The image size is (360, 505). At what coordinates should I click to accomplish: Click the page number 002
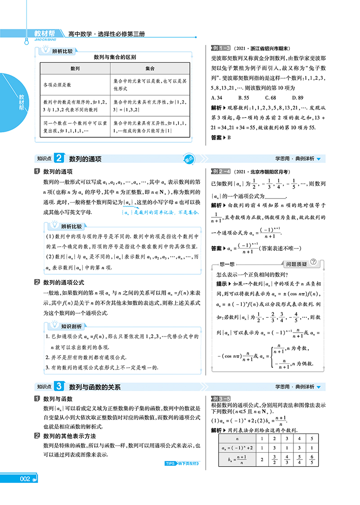tap(25, 491)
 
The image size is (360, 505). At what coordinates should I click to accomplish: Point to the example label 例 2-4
tap(221, 171)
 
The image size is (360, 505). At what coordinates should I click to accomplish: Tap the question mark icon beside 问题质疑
tap(314, 262)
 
